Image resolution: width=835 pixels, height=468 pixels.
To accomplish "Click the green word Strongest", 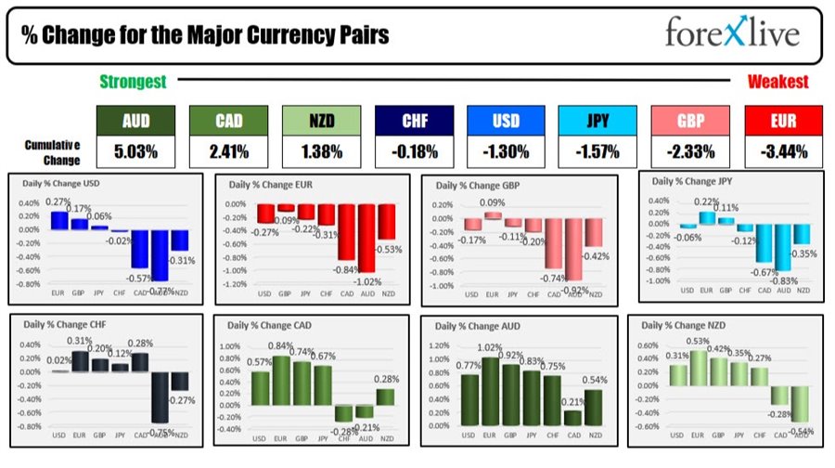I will [x=133, y=83].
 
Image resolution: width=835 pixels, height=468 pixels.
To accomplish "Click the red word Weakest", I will [x=777, y=83].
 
